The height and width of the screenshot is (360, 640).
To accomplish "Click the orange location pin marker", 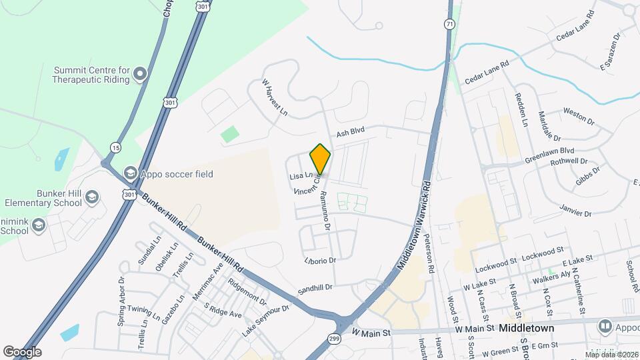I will pyautogui.click(x=320, y=159).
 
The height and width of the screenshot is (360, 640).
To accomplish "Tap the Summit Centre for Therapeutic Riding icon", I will pyautogui.click(x=140, y=74).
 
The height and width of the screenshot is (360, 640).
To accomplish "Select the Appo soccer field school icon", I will pyautogui.click(x=130, y=174).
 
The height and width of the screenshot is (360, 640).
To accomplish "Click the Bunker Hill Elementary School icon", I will pyautogui.click(x=91, y=197).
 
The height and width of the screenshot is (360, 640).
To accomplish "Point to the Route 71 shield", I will pyautogui.click(x=450, y=24).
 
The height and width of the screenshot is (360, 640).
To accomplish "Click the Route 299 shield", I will pyautogui.click(x=333, y=339).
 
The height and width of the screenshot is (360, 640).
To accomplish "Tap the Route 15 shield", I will pyautogui.click(x=117, y=147).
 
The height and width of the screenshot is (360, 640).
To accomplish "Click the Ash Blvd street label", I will pyautogui.click(x=351, y=133).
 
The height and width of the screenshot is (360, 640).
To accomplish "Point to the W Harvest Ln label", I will pyautogui.click(x=273, y=97).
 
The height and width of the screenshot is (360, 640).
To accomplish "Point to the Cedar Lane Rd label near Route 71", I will pyautogui.click(x=487, y=72).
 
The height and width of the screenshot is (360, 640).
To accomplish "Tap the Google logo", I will pyautogui.click(x=22, y=351).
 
